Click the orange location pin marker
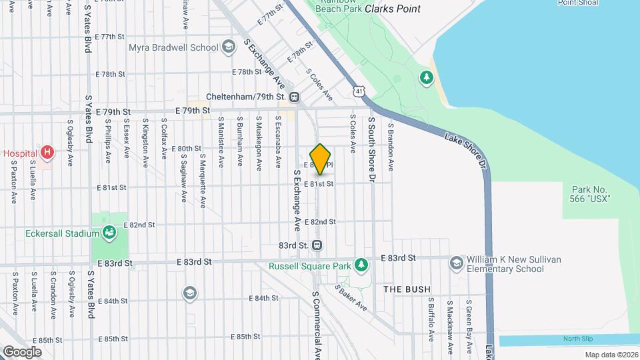(x=321, y=159)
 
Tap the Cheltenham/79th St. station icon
(x=295, y=97)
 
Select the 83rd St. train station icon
(x=317, y=245)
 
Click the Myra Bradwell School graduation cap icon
(x=229, y=47)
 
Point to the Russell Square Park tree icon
(x=361, y=266)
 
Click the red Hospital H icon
(x=47, y=153)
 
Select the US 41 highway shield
(x=360, y=90)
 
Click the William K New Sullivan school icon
(x=456, y=262)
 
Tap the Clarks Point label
(x=393, y=9)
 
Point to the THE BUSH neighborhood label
(x=407, y=289)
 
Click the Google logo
(x=22, y=351)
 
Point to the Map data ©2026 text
(x=611, y=355)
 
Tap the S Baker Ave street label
(x=351, y=297)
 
